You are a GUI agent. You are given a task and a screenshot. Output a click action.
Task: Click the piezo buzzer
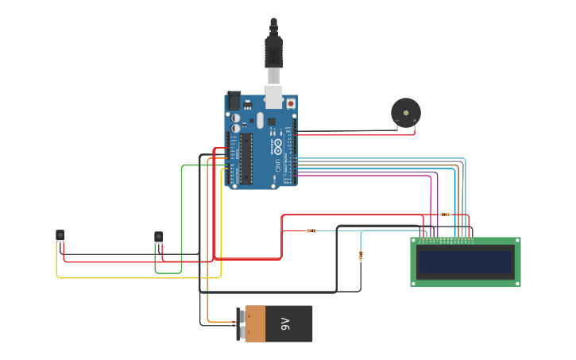coord(406,113)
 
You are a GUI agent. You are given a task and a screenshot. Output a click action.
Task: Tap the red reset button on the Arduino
coord(291,103)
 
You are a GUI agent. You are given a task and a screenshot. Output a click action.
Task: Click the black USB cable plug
coord(273,52)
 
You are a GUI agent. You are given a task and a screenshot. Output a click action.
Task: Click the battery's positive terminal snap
coord(241,315)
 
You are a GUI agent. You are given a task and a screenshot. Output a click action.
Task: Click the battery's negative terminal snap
coord(241,333)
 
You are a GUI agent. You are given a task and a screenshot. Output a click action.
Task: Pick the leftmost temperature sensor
coord(60,234)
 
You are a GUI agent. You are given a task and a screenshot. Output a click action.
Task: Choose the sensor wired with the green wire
coord(158,237)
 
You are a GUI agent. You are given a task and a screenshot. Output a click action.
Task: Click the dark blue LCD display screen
coord(466,261)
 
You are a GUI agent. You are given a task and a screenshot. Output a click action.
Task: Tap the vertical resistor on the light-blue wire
coord(361,255)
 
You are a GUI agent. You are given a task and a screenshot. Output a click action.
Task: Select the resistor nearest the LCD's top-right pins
coord(445,215)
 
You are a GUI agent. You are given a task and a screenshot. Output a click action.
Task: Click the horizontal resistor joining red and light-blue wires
coord(311,231)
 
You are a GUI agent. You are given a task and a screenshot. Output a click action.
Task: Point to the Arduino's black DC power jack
coord(234,100)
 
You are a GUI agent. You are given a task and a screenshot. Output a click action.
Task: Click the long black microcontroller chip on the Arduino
coord(246,157)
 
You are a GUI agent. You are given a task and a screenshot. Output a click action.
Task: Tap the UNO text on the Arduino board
coord(277,166)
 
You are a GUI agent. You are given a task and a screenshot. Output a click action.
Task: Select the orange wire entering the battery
coord(208,302)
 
